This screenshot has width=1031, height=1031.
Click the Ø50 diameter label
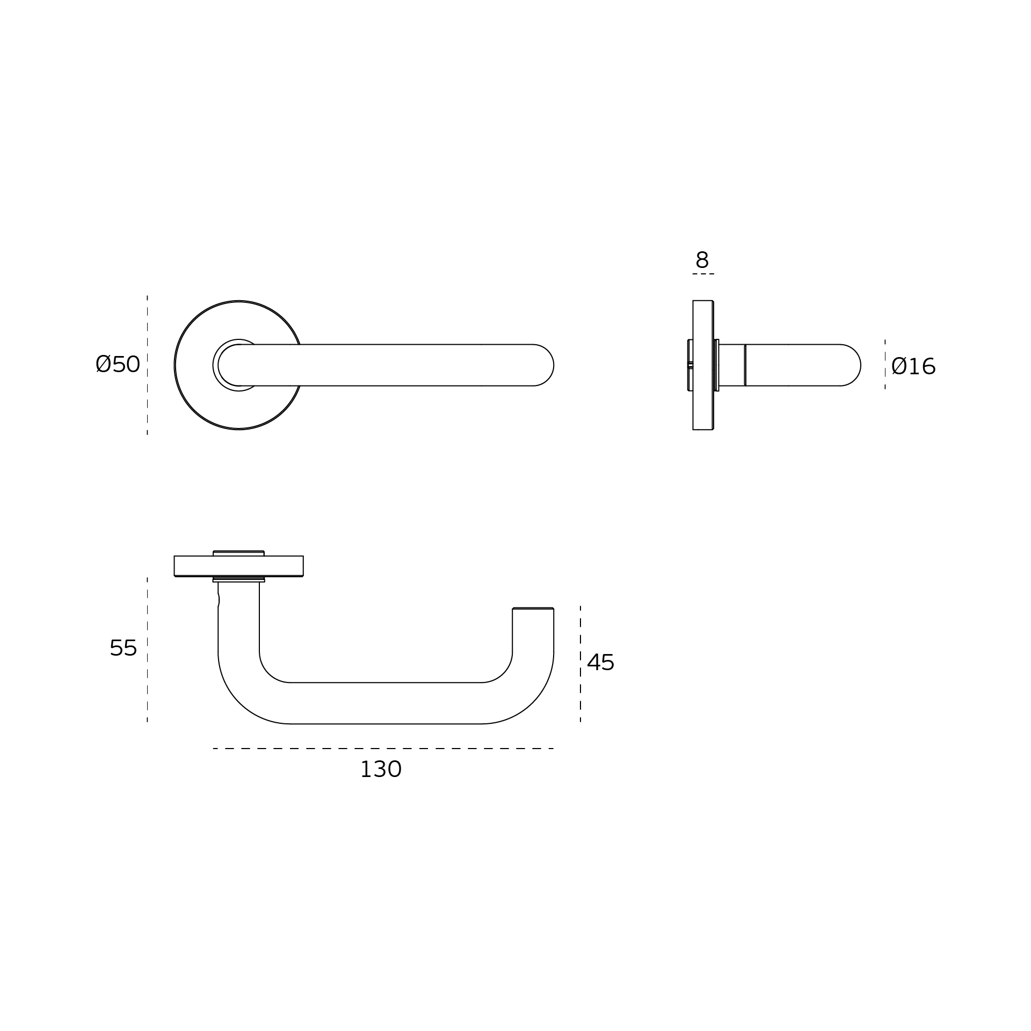[x=118, y=364]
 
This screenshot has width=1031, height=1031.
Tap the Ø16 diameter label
[x=913, y=367]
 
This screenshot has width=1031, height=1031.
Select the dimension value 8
[x=702, y=260]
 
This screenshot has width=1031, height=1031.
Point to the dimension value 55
[x=123, y=648]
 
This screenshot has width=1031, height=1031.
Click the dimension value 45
[x=600, y=663]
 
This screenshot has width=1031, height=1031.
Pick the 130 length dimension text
[x=381, y=769]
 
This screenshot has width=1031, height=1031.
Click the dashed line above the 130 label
[x=383, y=749]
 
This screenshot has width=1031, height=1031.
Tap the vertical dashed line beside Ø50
[x=147, y=365]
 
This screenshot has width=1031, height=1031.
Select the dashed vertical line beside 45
[x=580, y=664]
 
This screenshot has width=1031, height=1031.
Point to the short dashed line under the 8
[x=703, y=274]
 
